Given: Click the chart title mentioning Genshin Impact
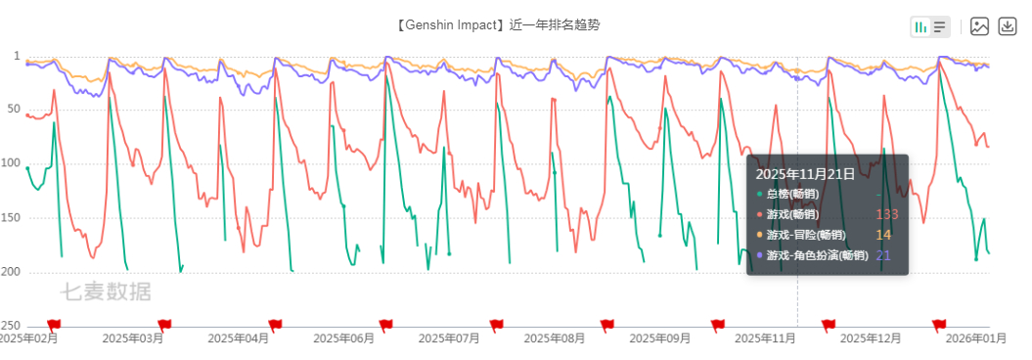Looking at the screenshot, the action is [498, 25].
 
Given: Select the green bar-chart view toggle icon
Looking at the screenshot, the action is [921, 27].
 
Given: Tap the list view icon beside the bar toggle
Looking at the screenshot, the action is [940, 27].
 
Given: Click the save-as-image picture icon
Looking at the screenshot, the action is [980, 26].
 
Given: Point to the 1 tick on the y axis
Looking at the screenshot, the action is [17, 56].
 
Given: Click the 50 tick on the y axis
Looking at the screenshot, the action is [15, 110].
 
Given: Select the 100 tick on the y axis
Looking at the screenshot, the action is [11, 164].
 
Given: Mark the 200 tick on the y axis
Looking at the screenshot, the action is [11, 272].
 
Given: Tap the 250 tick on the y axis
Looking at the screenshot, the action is [11, 326].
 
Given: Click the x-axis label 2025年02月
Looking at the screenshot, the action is [27, 338].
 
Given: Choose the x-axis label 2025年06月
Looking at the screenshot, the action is [343, 338].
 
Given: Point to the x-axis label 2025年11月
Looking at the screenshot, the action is [766, 338].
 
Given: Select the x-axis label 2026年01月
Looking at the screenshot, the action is [976, 338].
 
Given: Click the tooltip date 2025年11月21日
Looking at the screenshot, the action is [805, 174].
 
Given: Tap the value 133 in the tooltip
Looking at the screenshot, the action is [886, 214].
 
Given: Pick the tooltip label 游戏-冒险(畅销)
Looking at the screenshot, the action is [806, 235].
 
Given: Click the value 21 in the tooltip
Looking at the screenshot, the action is [883, 255].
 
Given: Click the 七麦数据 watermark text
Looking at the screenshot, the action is [106, 292].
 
